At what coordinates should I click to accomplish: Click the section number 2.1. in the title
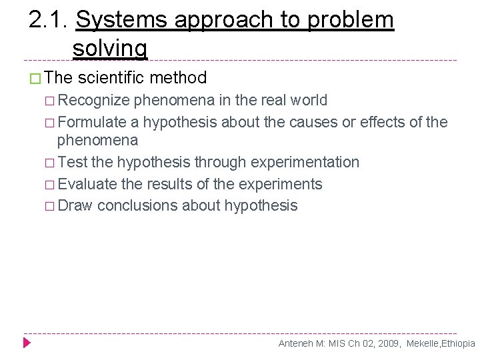point(49,21)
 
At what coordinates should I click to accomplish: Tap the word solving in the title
point(110,48)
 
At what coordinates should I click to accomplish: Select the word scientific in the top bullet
point(111,78)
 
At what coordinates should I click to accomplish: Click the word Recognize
point(93,101)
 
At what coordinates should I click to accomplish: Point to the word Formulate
point(92,123)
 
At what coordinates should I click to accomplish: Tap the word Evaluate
point(87,185)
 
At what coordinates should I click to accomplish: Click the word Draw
point(75,206)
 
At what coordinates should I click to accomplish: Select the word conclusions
point(138,206)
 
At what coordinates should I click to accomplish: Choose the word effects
point(383,123)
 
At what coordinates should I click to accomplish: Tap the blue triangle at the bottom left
point(27,343)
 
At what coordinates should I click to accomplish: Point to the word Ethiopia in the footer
point(456,344)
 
